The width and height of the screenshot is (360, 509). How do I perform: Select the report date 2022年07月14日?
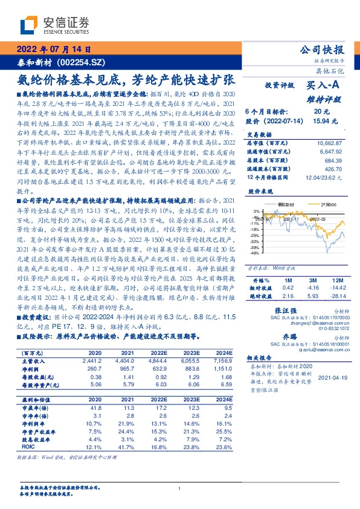(53, 51)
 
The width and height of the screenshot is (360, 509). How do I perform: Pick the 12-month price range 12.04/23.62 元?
(324, 177)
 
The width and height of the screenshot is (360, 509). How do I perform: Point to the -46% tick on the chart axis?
(256, 253)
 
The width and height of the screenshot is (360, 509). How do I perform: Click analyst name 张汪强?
(277, 310)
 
